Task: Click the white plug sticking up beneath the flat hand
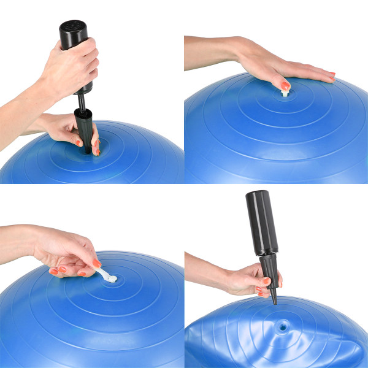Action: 284,93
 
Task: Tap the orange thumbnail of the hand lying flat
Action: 286,86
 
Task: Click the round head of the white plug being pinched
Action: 112,277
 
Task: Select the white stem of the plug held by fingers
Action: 102,273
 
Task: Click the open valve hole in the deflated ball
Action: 282,327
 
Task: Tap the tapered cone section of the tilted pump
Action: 270,276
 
